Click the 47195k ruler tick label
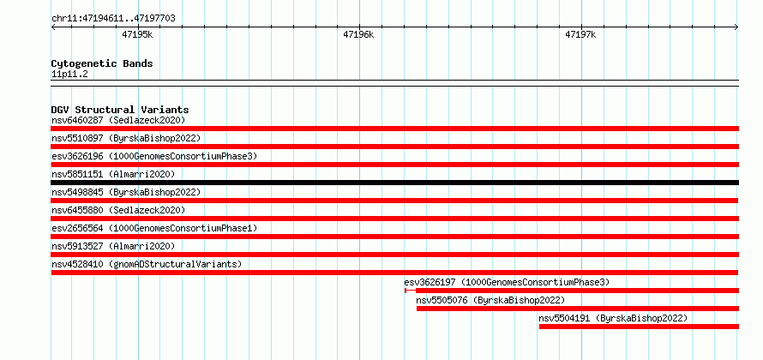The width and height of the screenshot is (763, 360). [x=138, y=35]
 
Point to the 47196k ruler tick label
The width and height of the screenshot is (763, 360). [x=359, y=35]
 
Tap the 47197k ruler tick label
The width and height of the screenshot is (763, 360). [x=580, y=35]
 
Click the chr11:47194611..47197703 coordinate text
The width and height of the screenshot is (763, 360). [x=113, y=19]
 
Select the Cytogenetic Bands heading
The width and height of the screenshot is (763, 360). [x=102, y=63]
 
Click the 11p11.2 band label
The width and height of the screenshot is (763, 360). [x=69, y=75]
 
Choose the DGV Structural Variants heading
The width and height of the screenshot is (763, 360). [x=120, y=110]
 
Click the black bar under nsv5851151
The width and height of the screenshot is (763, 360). [x=394, y=183]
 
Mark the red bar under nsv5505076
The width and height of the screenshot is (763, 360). [x=578, y=309]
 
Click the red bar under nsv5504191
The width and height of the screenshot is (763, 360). [x=639, y=327]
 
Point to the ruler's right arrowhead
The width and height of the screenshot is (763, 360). [x=737, y=27]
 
